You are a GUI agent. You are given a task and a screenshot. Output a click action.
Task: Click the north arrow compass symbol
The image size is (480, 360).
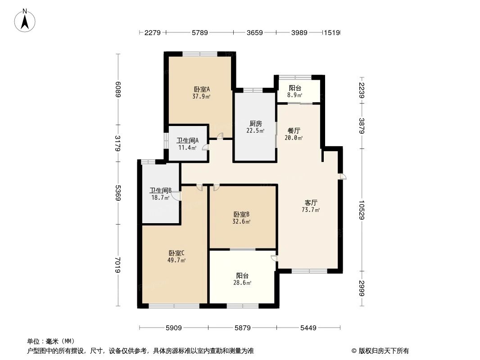[26, 20]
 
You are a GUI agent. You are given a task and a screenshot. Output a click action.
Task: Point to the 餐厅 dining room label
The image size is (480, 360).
[294, 130]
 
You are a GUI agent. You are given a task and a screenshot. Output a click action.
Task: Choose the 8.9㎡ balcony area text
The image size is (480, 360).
[295, 95]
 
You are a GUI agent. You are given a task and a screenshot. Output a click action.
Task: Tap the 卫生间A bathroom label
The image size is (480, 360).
[186, 140]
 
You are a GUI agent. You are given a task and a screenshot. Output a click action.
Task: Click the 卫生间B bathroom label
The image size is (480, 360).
[160, 190]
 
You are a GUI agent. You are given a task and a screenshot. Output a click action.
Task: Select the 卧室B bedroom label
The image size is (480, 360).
[242, 214]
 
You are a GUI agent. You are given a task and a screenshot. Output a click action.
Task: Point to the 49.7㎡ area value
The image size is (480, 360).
[177, 260]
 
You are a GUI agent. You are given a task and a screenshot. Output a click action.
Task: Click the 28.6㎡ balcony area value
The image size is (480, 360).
[242, 283]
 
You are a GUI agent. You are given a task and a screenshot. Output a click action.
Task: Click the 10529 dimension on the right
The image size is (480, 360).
[362, 210]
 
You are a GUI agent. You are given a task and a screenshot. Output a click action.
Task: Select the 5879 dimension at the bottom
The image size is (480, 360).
[242, 328]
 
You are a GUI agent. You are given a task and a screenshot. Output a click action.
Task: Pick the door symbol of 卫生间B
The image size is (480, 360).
[176, 196]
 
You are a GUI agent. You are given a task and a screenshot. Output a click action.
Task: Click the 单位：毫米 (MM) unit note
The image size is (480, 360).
[51, 342]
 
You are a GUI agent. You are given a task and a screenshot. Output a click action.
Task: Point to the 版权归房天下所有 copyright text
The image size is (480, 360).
[380, 351]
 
